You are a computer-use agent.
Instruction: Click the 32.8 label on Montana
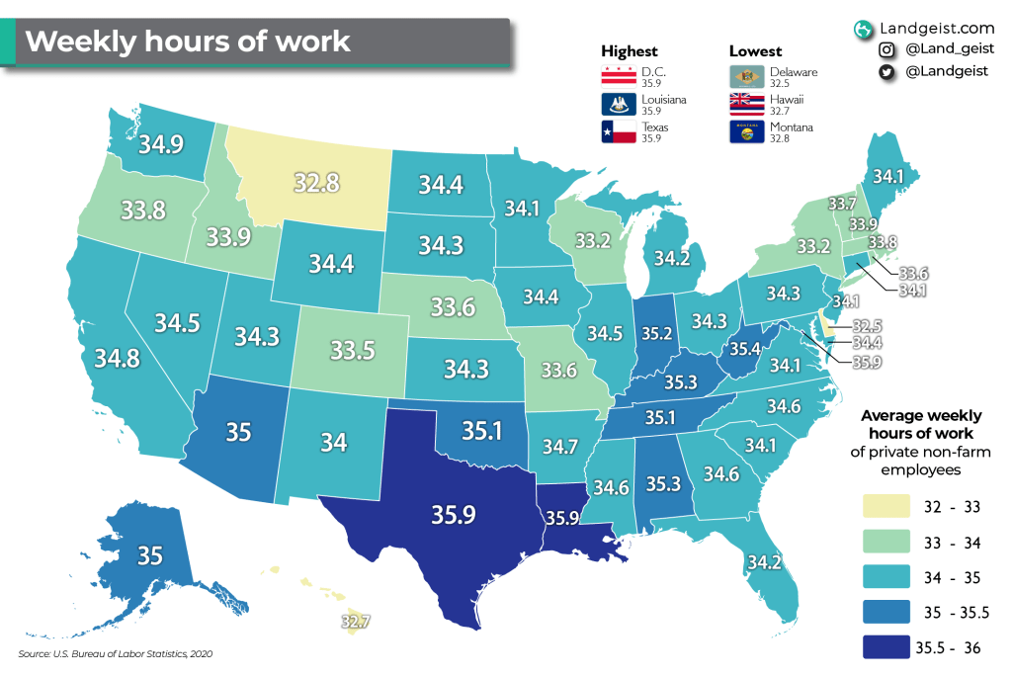(x=317, y=183)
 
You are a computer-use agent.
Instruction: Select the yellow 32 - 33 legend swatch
(x=883, y=508)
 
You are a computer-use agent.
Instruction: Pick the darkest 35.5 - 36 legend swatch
(x=883, y=647)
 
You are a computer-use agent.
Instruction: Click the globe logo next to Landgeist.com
(x=865, y=28)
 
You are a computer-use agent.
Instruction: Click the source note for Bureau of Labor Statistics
(x=116, y=654)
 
